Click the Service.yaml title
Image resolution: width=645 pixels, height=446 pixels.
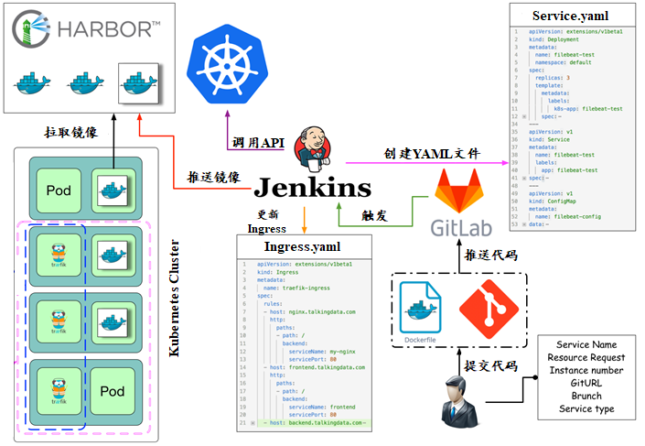pos(570,16)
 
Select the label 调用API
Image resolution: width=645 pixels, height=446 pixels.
pos(259,144)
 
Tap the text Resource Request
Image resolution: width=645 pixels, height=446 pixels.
pos(586,357)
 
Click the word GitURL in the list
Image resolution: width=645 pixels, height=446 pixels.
pos(586,383)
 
